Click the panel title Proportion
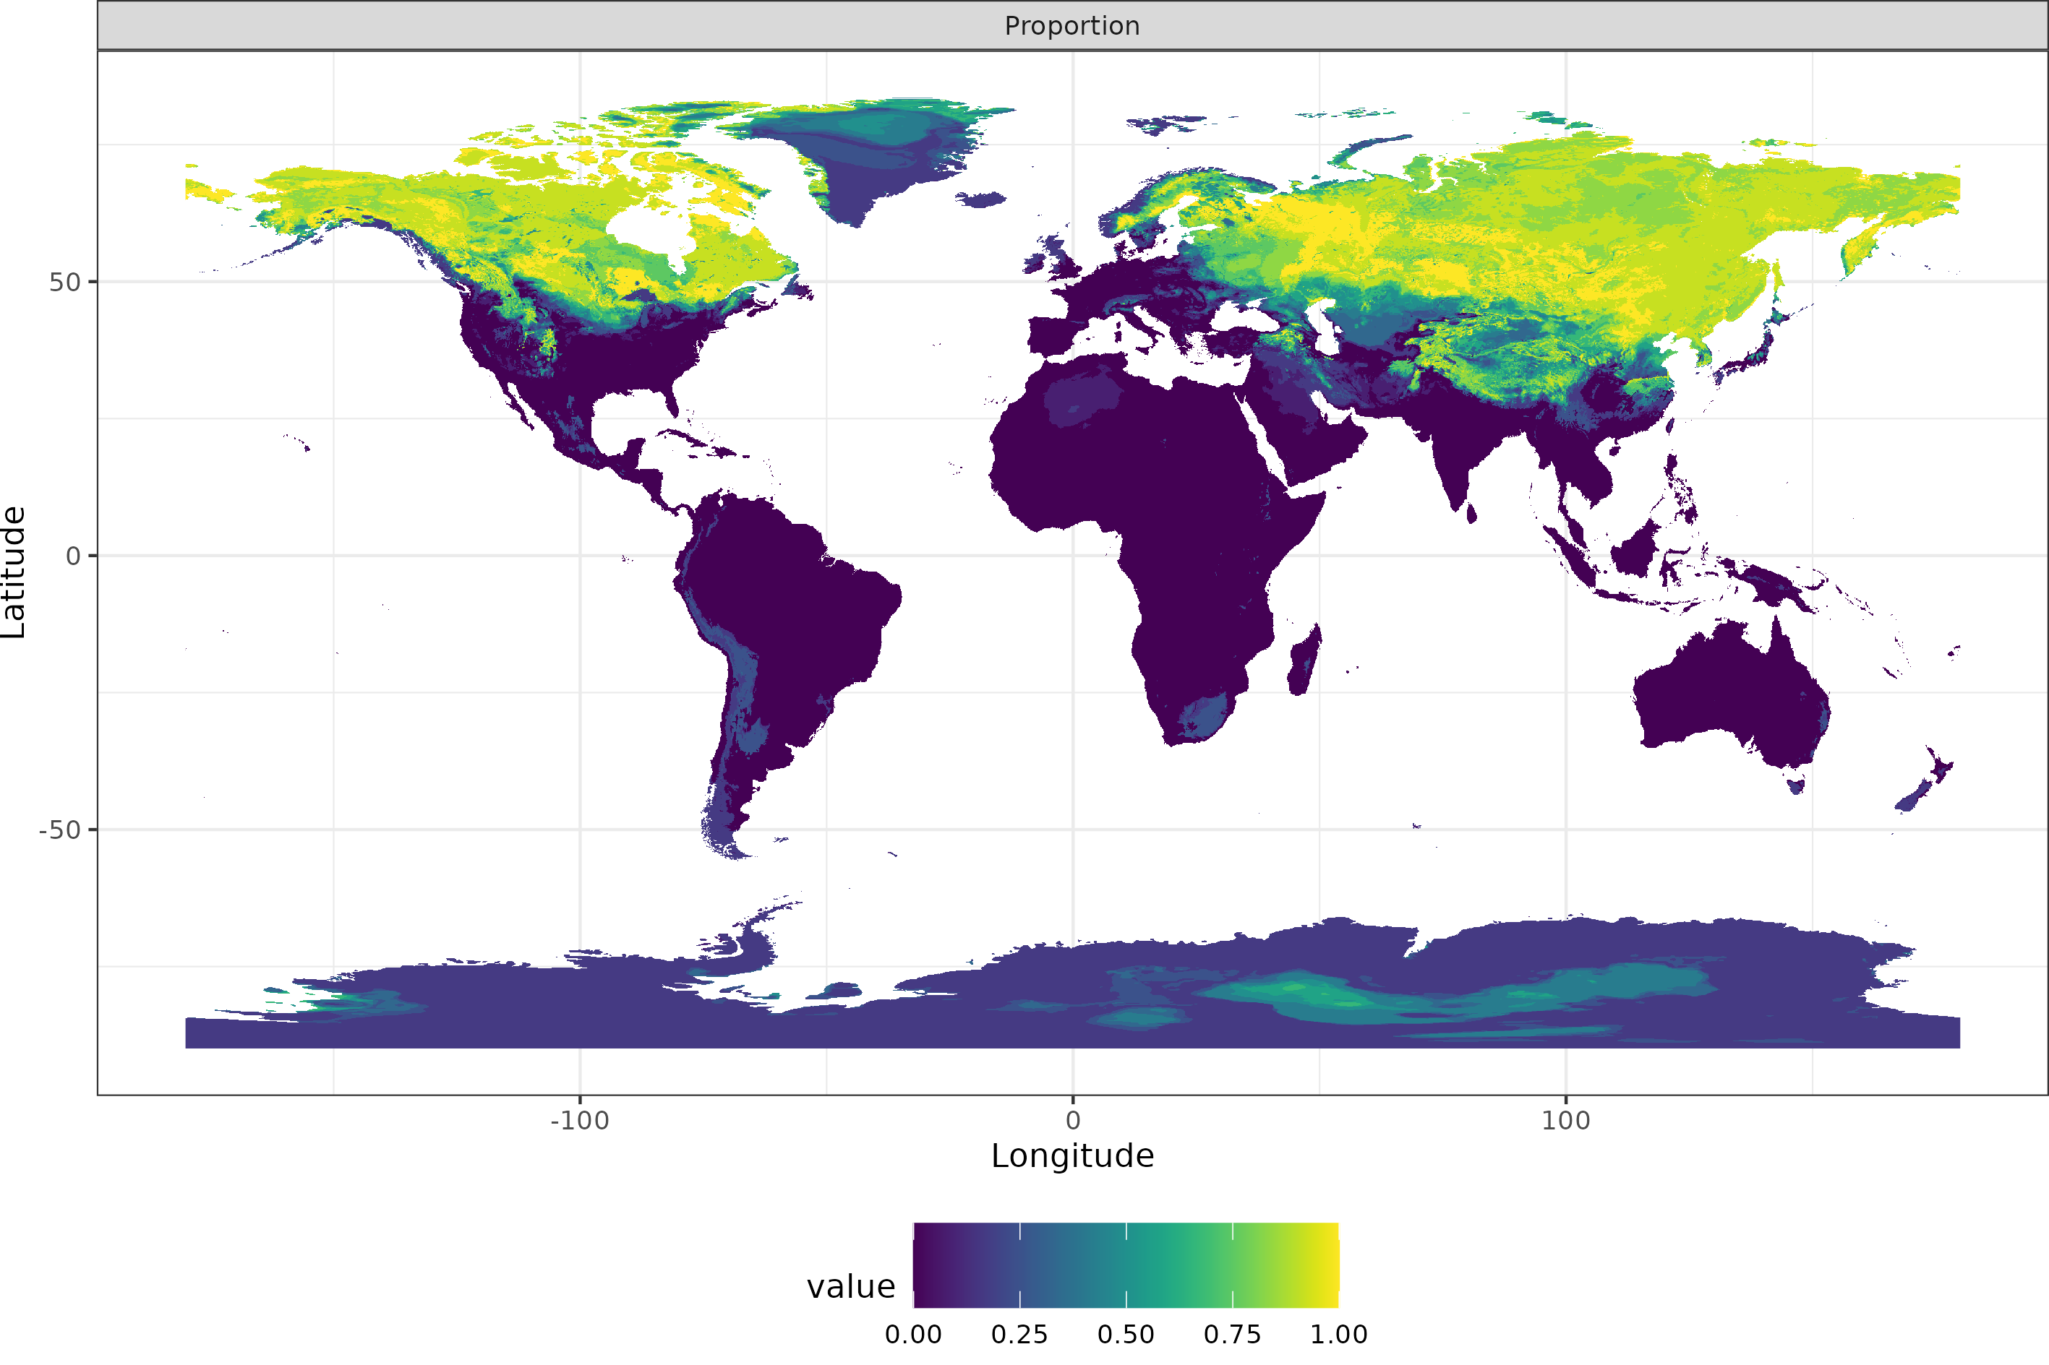1072,26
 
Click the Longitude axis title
1072,1156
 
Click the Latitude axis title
14,572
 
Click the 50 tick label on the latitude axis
64,282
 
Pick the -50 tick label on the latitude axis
59,830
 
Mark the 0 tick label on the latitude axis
73,556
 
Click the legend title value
851,1287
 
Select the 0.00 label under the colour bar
912,1335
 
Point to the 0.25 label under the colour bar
1019,1335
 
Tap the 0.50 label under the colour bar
1126,1335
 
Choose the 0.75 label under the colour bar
1232,1335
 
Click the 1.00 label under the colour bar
1338,1335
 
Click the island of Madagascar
1304,662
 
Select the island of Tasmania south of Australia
1796,786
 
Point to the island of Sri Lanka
1471,514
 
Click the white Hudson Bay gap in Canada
649,228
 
